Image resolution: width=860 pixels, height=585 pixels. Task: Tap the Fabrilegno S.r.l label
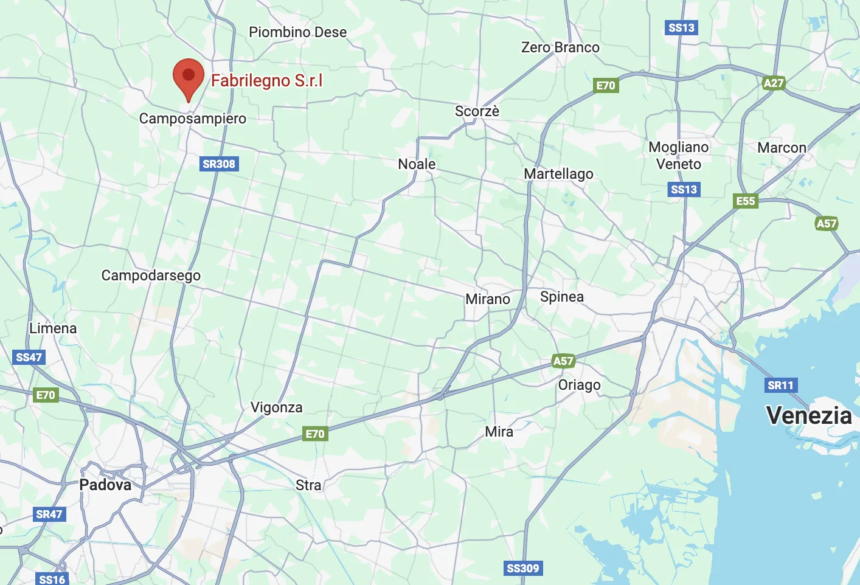[266, 80]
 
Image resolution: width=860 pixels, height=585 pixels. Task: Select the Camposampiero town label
[193, 119]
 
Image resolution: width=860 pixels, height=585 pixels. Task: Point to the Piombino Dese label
[297, 32]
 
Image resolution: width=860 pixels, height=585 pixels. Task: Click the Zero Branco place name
[560, 47]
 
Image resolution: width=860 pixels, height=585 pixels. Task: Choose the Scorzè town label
[477, 111]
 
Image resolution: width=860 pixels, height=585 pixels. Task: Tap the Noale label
[417, 164]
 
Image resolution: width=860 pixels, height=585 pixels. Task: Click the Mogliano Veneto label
[679, 156]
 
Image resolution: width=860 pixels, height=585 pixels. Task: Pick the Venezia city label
[809, 416]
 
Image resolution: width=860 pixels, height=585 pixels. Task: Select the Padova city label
[105, 485]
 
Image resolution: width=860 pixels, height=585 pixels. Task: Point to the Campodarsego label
[151, 275]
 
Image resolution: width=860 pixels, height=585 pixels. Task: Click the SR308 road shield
[219, 164]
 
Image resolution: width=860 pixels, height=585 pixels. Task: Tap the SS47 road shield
[29, 357]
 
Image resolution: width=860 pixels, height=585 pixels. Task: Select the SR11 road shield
[780, 385]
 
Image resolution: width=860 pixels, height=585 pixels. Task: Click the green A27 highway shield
[774, 83]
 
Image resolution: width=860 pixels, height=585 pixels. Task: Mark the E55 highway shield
[746, 201]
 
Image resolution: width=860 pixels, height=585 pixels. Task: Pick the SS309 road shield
[523, 569]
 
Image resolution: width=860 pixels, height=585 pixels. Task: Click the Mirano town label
[488, 299]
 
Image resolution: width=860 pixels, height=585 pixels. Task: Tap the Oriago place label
[580, 385]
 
